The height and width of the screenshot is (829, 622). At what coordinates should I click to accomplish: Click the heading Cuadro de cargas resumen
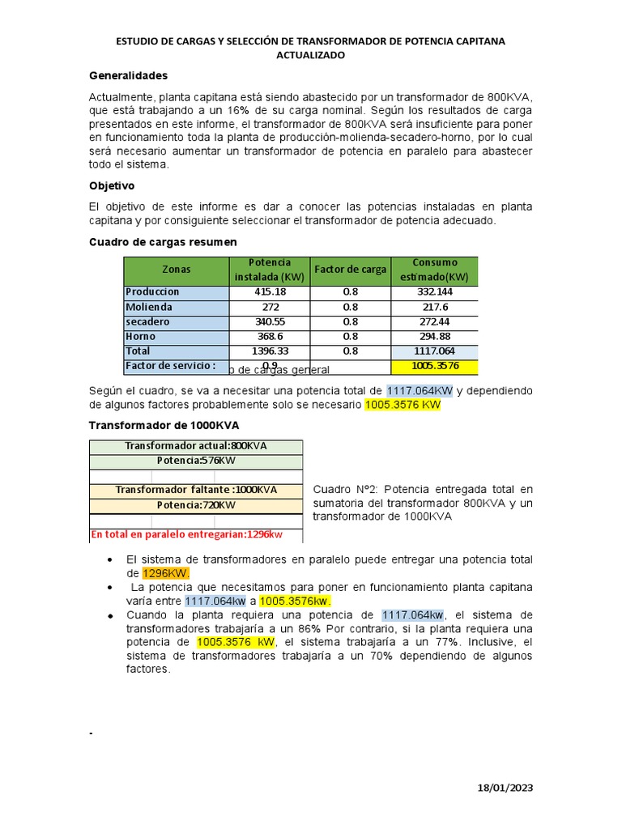coord(162,241)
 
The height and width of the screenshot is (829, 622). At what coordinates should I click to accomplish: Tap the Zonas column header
coord(176,270)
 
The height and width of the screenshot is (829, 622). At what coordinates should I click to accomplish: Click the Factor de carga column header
coord(350,270)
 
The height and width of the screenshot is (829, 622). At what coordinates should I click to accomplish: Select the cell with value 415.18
coord(271,291)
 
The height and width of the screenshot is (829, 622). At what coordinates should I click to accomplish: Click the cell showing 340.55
coord(271,321)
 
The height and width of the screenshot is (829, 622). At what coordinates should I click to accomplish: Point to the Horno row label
coord(141,336)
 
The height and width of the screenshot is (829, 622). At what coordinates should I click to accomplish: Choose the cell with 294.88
coord(434,336)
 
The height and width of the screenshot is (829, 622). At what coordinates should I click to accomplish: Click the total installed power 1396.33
coord(271,351)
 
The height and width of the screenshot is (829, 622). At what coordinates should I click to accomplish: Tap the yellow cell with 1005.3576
coord(434,366)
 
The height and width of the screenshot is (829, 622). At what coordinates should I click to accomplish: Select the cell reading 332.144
coord(434,291)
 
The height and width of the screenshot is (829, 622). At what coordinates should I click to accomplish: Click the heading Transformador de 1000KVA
coord(163,425)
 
